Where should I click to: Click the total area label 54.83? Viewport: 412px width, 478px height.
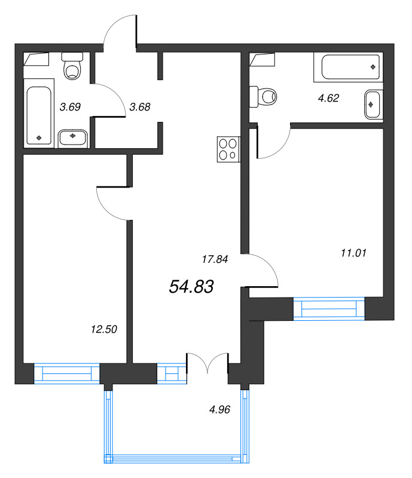[x=191, y=287]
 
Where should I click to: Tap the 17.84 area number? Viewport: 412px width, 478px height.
[x=215, y=259]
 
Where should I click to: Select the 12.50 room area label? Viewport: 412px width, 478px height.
[x=104, y=329]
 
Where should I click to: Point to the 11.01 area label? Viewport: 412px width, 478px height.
[x=353, y=253]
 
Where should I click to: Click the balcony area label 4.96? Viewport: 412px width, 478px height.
[x=219, y=409]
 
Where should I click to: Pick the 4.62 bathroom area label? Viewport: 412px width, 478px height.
[x=328, y=98]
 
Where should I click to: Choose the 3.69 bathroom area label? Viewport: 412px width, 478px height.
[x=70, y=107]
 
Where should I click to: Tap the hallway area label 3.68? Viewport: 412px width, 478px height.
[x=140, y=107]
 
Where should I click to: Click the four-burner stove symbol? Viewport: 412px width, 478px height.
[x=228, y=149]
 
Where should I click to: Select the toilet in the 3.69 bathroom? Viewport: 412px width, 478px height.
[x=72, y=66]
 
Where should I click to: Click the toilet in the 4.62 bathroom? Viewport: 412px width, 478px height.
[x=263, y=97]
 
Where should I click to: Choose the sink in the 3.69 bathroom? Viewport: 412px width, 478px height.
[x=73, y=139]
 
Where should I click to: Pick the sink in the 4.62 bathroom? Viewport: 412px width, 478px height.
[x=374, y=105]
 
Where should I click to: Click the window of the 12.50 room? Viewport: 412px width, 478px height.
[x=67, y=373]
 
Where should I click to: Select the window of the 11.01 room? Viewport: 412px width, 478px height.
[x=329, y=308]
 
